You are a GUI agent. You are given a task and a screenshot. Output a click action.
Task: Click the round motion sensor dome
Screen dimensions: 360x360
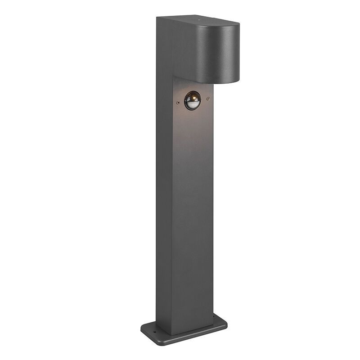(x=192, y=100)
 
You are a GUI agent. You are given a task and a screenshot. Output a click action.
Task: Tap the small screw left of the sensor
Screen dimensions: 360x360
(x=178, y=103)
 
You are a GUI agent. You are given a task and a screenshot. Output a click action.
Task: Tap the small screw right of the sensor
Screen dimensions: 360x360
(x=207, y=99)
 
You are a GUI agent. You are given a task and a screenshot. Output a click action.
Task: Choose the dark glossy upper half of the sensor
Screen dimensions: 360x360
(x=192, y=96)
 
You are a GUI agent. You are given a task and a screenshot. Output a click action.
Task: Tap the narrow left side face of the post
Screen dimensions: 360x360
(x=164, y=180)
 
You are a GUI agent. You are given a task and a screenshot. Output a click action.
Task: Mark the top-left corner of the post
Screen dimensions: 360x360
(x=157, y=18)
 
